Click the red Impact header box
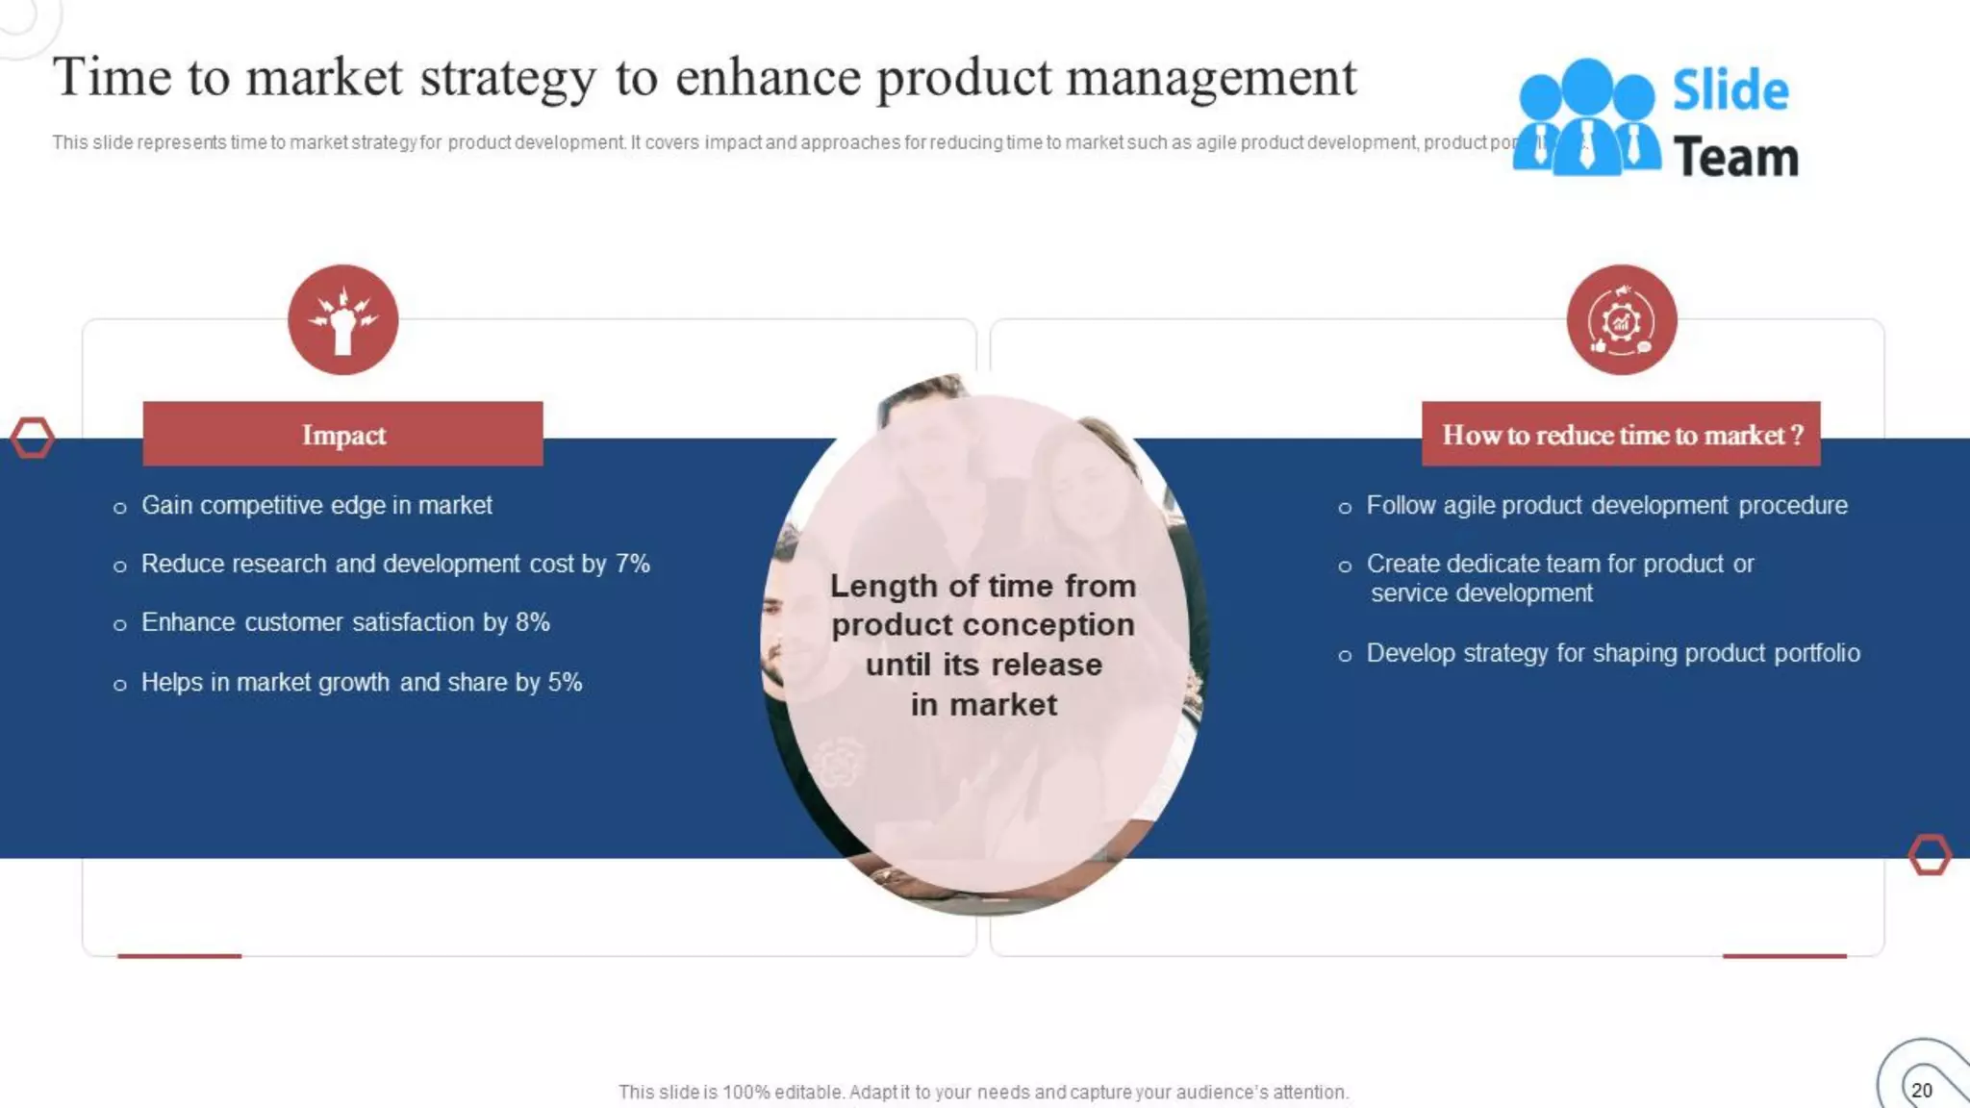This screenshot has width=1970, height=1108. click(x=342, y=435)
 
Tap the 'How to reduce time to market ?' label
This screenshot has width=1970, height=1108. click(x=1621, y=435)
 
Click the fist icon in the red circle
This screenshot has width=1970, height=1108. click(x=342, y=320)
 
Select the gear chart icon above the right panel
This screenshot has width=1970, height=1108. click(x=1621, y=320)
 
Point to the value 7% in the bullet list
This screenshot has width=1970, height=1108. click(x=632, y=564)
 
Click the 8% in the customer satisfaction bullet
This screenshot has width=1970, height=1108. click(x=532, y=622)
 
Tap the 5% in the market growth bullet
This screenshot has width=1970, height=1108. click(x=565, y=682)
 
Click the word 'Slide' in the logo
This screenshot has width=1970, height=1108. click(x=1730, y=90)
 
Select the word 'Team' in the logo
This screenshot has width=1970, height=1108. click(x=1735, y=157)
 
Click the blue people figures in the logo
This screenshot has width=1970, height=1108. click(x=1586, y=118)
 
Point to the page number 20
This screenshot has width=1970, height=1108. click(x=1921, y=1090)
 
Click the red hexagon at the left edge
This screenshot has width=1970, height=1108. click(x=32, y=438)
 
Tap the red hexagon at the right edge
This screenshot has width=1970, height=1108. click(x=1929, y=854)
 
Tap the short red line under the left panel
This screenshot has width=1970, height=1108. click(x=179, y=955)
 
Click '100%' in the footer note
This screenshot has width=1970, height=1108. click(x=746, y=1092)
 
